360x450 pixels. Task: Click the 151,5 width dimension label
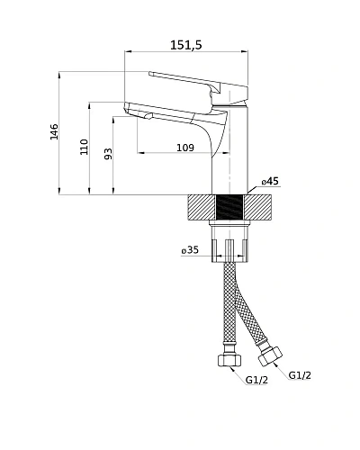click(186, 45)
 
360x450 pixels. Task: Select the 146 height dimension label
click(54, 131)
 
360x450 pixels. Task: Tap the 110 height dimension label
click(85, 147)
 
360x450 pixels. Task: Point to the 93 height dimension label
click(108, 154)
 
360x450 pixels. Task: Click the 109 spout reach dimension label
click(185, 148)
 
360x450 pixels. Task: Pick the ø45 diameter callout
click(270, 181)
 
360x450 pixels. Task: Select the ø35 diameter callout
click(190, 249)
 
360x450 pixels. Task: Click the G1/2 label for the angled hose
click(300, 375)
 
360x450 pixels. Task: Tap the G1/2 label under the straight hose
click(256, 380)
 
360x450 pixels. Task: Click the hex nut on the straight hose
click(229, 360)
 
